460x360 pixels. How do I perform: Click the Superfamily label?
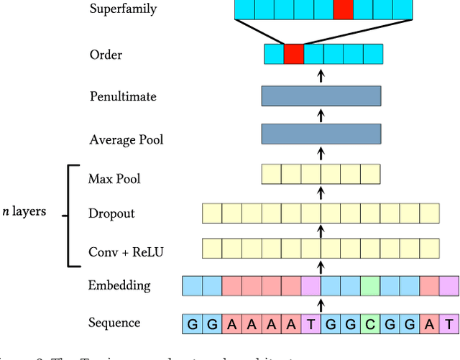(x=123, y=9)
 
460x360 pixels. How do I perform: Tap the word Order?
(x=106, y=55)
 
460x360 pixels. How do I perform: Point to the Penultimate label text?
(x=123, y=96)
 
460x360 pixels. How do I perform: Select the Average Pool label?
(x=126, y=139)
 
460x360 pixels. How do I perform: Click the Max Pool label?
(x=114, y=177)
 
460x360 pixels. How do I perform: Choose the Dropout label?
(x=111, y=213)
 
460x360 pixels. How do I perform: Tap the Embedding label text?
(x=119, y=285)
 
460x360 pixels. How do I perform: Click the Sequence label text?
(x=114, y=323)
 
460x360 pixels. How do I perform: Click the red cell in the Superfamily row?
(x=344, y=9)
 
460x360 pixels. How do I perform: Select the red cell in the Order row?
(x=294, y=54)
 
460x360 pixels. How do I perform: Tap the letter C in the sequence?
(x=370, y=324)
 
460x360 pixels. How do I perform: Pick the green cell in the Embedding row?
(x=370, y=286)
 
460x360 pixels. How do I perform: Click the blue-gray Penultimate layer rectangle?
(x=321, y=96)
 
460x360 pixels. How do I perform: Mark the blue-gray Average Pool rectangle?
(x=321, y=134)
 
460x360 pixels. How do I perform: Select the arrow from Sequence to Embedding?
(x=321, y=305)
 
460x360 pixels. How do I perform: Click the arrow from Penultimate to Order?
(x=321, y=75)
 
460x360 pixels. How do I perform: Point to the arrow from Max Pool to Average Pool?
(x=321, y=154)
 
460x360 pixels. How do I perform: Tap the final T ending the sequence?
(x=449, y=324)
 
